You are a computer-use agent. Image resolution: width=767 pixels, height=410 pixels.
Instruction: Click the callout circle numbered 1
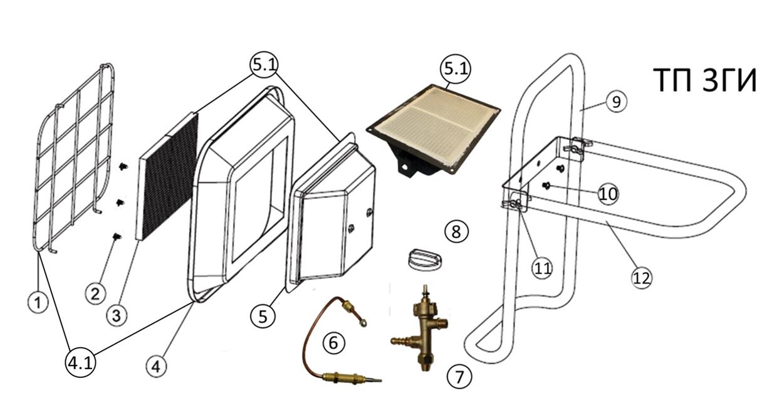point(38,302)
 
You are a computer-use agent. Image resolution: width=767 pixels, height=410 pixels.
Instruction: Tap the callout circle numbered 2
point(95,293)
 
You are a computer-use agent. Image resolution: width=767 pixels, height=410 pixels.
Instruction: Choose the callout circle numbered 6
point(333,342)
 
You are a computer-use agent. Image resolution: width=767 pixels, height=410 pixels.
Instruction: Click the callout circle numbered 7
point(459,377)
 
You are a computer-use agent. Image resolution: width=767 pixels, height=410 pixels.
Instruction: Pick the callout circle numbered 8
point(456,231)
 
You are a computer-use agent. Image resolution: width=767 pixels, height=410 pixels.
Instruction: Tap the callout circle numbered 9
point(617,102)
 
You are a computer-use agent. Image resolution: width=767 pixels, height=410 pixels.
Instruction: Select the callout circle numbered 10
point(607,194)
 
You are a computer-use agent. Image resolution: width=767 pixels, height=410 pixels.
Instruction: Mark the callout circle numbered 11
point(543,268)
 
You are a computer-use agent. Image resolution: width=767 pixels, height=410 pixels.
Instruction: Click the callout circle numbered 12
point(641,276)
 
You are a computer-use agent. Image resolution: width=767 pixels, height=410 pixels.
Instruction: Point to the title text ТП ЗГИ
point(704,80)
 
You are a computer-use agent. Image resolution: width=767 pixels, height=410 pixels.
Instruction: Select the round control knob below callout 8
point(424,258)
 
